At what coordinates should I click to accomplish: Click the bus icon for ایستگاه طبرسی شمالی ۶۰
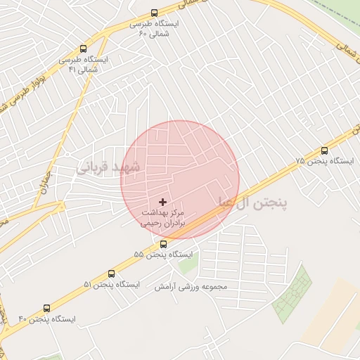pos(155,13)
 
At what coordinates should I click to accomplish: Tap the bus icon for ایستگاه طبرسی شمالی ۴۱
pos(84,49)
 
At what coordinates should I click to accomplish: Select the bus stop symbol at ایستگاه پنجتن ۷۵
pos(324,150)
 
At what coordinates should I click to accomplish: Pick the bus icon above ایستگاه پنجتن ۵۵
pos(163,244)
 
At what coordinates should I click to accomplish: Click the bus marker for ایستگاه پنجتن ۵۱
pos(112,274)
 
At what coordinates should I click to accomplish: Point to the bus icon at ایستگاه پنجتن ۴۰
pos(47,308)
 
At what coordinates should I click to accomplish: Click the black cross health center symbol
pos(163,202)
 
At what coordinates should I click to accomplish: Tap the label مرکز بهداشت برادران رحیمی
pos(163,217)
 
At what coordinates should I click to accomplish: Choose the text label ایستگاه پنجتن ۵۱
pos(112,285)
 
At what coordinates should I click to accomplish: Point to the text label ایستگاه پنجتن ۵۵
pos(163,254)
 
